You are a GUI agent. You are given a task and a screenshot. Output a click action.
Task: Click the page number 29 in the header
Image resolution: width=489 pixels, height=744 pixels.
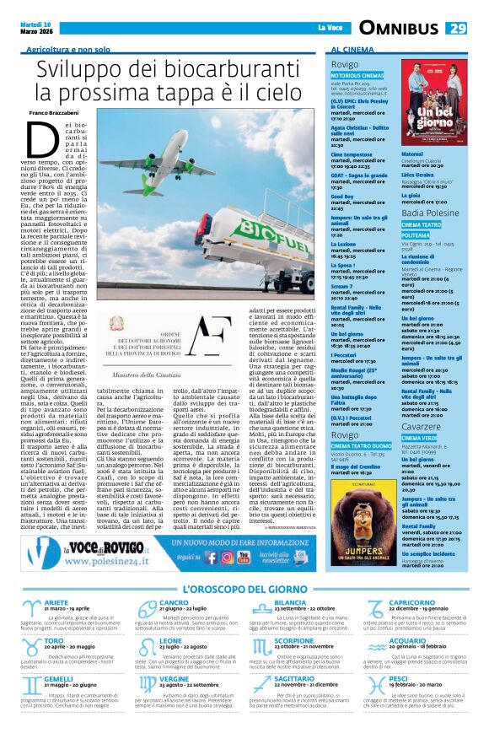pos(456,29)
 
